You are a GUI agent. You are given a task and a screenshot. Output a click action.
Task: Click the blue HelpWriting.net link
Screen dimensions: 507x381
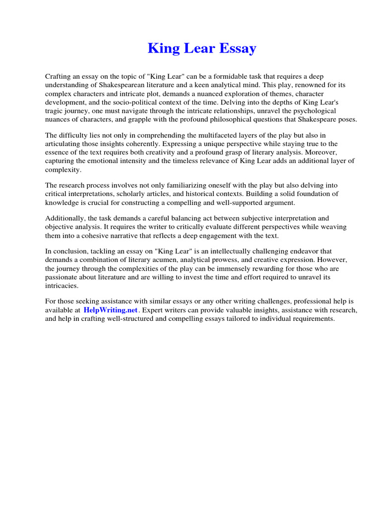[x=111, y=310]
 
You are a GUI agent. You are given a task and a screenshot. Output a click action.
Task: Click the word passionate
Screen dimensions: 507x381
[x=62, y=277]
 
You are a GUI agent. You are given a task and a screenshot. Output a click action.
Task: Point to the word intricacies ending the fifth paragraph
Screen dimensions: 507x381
[x=61, y=286]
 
